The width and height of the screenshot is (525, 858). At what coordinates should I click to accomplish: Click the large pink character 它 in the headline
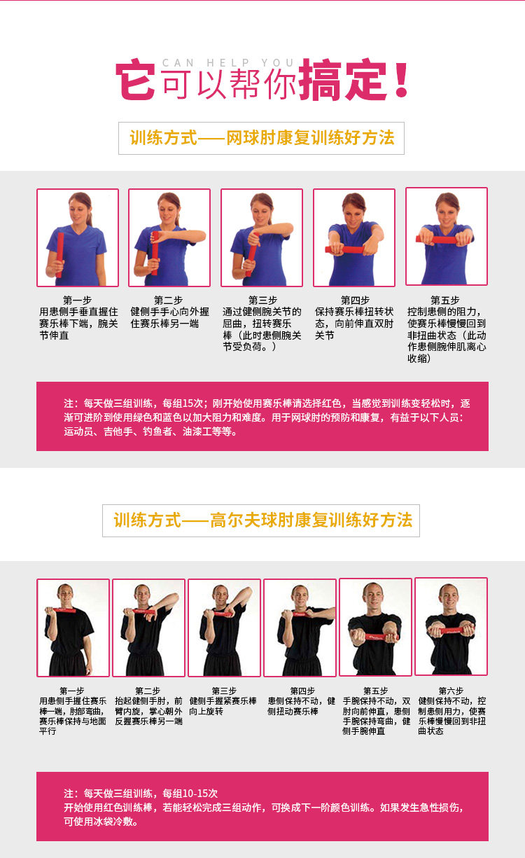click(x=136, y=79)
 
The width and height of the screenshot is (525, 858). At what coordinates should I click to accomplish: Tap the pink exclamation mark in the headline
click(x=401, y=78)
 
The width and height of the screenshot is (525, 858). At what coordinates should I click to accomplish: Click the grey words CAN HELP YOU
click(x=228, y=62)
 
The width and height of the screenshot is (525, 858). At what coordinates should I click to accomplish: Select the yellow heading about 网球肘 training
click(x=262, y=138)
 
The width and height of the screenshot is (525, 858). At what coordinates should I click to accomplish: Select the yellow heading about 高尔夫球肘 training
click(x=262, y=520)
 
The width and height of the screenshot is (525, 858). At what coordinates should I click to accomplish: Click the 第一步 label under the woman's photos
click(x=78, y=300)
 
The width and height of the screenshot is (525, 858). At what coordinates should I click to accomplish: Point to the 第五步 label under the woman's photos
click(x=445, y=300)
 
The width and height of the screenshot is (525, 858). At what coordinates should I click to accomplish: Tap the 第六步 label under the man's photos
click(x=451, y=691)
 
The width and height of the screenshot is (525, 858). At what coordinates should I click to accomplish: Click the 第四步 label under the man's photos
click(x=302, y=691)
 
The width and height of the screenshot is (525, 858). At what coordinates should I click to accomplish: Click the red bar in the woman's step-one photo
click(x=59, y=255)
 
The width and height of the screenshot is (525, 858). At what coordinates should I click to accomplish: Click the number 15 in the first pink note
click(x=188, y=403)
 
